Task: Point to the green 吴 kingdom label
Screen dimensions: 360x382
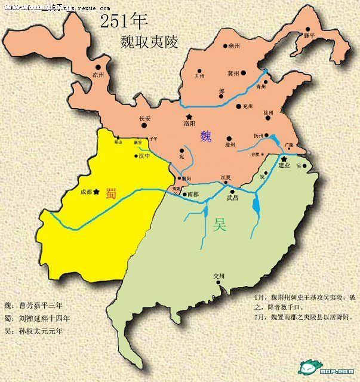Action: (219, 225)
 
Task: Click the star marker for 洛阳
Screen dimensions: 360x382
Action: (189, 116)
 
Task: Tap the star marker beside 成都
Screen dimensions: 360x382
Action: (96, 192)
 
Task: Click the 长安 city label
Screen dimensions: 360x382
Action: (145, 118)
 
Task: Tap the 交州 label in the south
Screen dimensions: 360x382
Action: (219, 276)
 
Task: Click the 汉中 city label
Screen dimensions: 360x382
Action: (144, 156)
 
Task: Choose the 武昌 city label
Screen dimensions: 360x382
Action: (232, 198)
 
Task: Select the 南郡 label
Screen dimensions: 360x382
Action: (192, 195)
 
